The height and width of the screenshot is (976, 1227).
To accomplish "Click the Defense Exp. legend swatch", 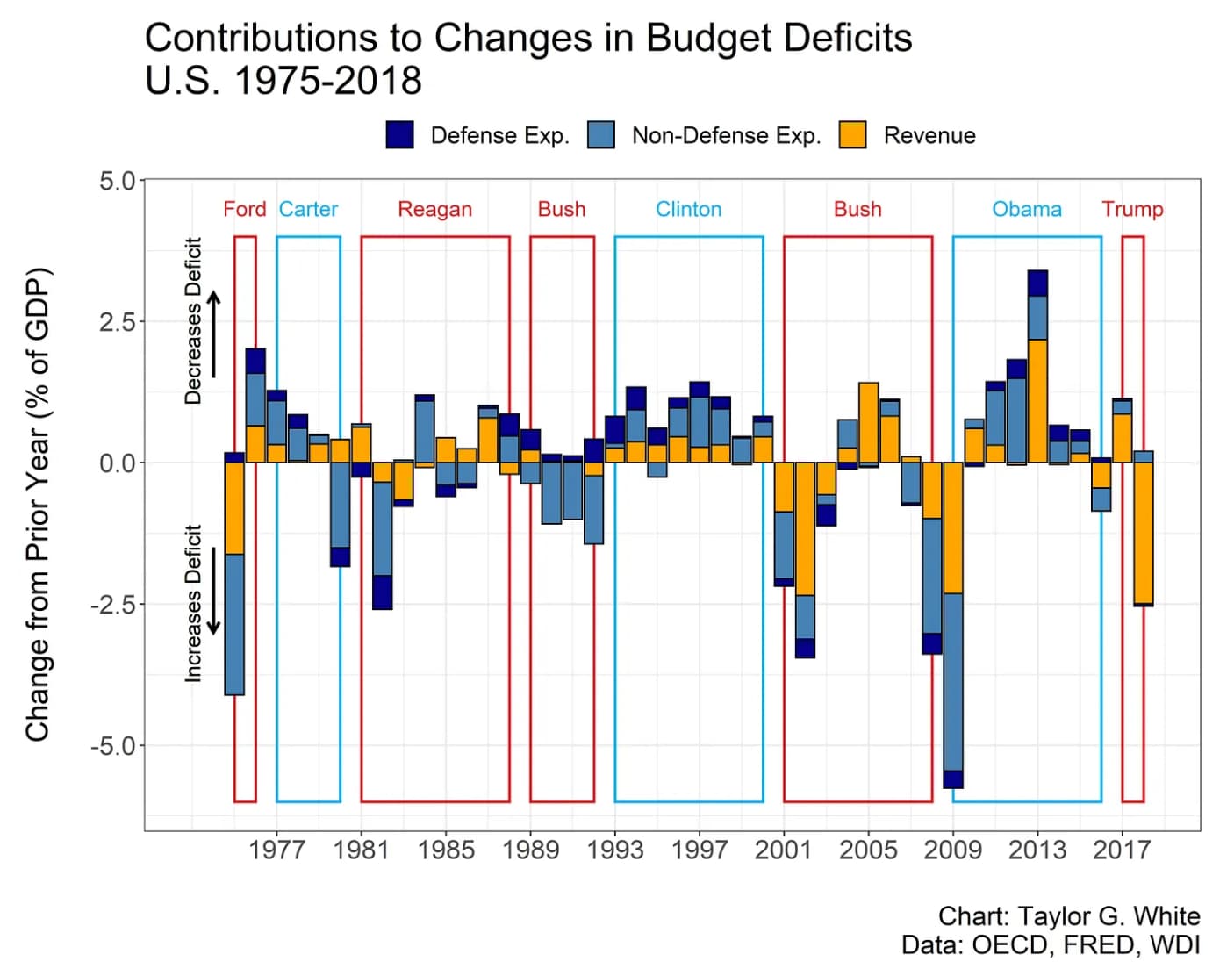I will point(400,135).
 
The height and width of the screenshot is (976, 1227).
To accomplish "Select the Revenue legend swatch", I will point(852,135).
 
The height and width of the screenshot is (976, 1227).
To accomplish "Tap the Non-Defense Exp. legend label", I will point(726,135).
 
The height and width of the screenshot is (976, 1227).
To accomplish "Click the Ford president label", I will point(244,209).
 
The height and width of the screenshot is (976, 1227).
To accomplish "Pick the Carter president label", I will point(308,209).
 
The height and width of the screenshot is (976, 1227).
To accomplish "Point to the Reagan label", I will point(434,209).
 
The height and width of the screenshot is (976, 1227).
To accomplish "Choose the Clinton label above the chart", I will point(688,209).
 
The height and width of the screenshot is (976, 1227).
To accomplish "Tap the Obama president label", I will point(1026,209).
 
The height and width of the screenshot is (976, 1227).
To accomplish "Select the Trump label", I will point(1132,209).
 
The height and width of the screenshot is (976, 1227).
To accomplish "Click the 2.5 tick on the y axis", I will point(118,321).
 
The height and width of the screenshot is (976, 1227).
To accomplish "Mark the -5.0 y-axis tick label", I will point(114,745).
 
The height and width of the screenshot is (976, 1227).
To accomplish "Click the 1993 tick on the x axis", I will point(614,850).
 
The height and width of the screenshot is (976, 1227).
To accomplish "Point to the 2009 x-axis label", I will point(952,850).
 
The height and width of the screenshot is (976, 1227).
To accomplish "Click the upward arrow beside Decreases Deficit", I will point(213,334).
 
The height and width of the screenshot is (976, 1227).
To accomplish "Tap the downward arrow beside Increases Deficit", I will point(213,592).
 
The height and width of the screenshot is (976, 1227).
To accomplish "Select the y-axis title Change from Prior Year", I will point(37,504).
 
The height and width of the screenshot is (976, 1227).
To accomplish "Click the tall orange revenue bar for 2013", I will point(1037,400).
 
